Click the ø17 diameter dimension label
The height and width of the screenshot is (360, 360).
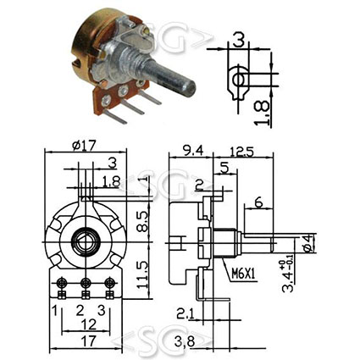(x=84, y=146)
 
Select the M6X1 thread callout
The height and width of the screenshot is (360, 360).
(x=243, y=274)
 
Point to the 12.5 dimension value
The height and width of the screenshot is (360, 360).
(x=241, y=152)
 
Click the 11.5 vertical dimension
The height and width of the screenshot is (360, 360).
(x=142, y=274)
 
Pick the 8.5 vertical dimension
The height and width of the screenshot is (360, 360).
(x=142, y=221)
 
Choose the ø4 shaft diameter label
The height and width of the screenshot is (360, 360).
(x=308, y=243)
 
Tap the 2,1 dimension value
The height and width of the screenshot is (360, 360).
(x=186, y=313)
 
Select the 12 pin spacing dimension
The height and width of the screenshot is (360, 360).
(x=88, y=324)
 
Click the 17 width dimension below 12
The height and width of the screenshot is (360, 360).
(x=88, y=341)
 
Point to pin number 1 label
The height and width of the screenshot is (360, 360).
(x=55, y=311)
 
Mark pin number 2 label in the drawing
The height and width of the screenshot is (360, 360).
(x=80, y=311)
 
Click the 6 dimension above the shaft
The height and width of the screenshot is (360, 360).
(x=258, y=202)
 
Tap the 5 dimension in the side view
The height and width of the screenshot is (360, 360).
(x=224, y=169)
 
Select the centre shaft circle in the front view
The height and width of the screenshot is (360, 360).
(x=85, y=241)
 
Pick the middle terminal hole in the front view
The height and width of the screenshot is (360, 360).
(x=85, y=282)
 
